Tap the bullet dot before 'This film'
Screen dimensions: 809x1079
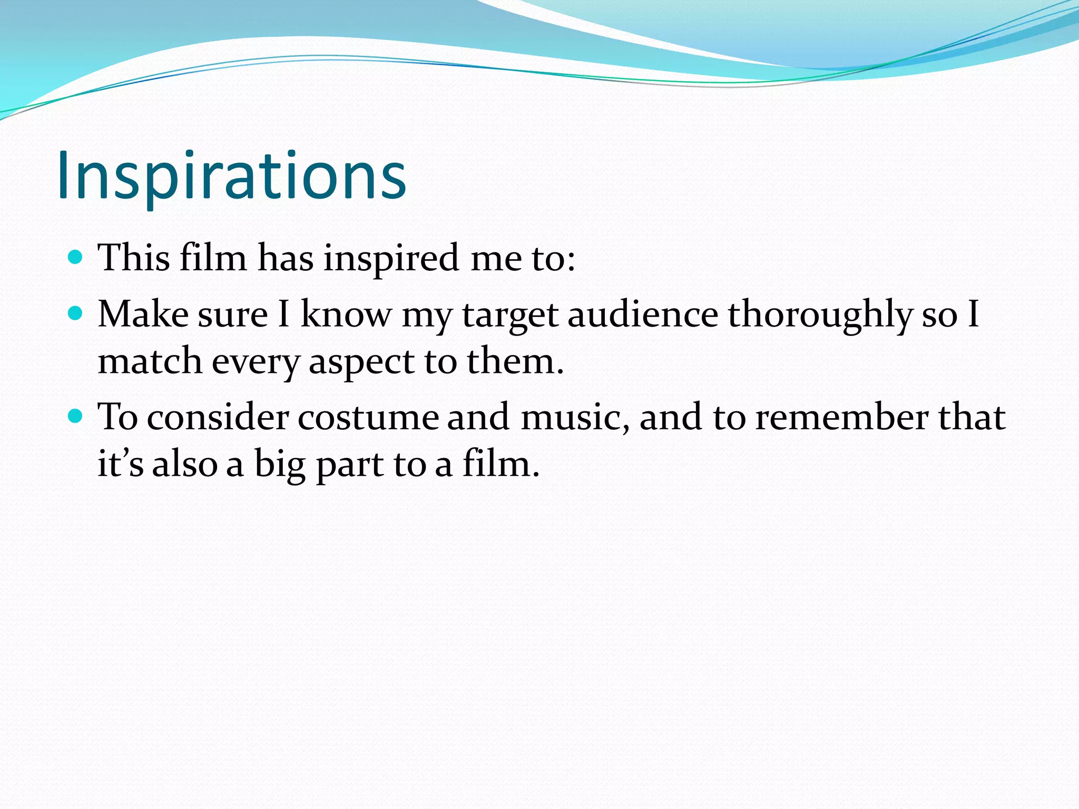pos(76,257)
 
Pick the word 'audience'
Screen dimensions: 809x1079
pos(643,314)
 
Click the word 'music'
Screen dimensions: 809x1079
pos(575,418)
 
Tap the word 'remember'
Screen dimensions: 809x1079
pos(841,418)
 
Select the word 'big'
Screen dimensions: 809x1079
pos(280,465)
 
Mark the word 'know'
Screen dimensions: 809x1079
pos(346,314)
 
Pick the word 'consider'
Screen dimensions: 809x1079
pos(218,418)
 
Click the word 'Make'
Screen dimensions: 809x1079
pos(143,314)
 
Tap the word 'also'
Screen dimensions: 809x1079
pos(184,465)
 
